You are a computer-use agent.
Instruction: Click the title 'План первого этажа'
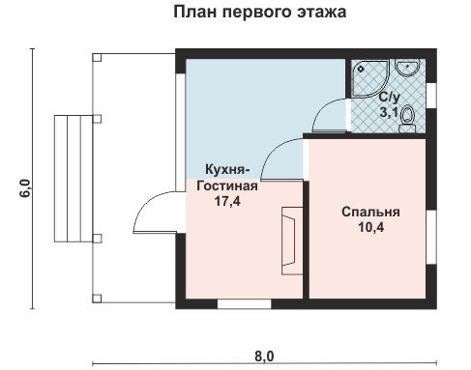[259, 14]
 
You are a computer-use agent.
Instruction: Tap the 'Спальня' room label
[370, 212]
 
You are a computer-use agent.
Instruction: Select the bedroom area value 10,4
[370, 229]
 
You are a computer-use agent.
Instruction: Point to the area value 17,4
[228, 203]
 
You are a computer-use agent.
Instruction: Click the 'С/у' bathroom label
[390, 99]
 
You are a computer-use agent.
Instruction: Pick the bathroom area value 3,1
[389, 113]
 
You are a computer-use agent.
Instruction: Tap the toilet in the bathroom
[408, 116]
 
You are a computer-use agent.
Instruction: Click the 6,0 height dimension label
[25, 187]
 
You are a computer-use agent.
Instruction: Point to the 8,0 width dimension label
[264, 355]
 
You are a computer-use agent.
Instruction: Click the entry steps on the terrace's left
[68, 179]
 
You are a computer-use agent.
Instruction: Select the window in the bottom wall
[243, 304]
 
